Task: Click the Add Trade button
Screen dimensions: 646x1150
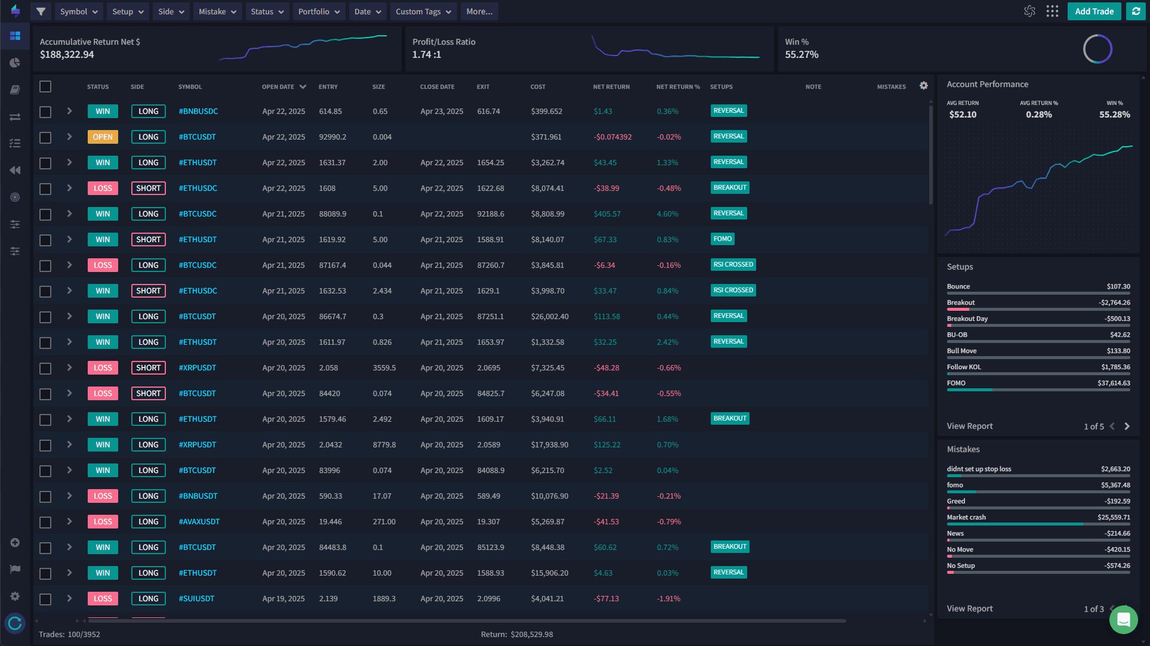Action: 1094,11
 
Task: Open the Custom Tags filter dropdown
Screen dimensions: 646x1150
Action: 423,11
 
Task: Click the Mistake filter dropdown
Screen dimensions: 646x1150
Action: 217,11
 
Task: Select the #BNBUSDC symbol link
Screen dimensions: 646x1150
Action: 198,112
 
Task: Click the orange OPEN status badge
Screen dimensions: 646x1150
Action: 103,137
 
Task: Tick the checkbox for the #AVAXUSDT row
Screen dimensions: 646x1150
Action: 45,522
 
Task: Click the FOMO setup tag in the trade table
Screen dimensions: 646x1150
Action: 722,239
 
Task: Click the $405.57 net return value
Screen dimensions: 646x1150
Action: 607,214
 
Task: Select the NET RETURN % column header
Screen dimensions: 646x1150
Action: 678,87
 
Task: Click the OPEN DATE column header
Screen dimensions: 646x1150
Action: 278,87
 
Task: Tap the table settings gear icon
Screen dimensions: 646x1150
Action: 923,86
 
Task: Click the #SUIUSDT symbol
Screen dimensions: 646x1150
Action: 196,599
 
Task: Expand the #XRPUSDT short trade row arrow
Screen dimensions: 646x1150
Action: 69,367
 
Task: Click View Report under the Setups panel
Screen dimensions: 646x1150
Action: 969,426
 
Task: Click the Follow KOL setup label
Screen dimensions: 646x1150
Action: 963,367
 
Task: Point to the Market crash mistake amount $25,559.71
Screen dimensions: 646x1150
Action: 1113,517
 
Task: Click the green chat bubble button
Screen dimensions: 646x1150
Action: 1123,620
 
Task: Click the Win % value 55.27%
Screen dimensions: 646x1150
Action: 801,55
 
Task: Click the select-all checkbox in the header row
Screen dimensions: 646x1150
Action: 45,86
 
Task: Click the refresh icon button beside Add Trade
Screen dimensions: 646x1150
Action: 1136,11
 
